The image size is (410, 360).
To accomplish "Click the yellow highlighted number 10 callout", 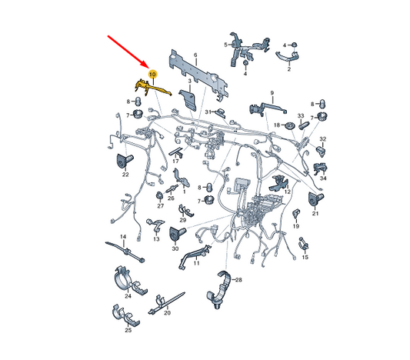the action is point(152,75).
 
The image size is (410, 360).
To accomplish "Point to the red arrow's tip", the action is point(147,68).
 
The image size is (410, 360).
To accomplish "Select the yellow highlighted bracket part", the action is point(152,88).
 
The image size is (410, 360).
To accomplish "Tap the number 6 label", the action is point(195,55).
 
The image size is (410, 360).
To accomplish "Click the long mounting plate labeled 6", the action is point(198,75).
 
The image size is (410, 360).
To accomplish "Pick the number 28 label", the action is point(238,280).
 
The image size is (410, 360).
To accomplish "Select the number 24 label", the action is point(128,296).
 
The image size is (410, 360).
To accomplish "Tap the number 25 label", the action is point(128,330).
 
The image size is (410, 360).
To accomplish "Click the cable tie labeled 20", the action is point(166,302).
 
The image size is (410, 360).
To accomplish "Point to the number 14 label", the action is point(123,237).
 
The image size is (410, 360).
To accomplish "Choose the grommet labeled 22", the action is point(124,161).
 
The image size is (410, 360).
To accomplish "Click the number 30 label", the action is point(175,248).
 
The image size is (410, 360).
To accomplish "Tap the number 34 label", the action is point(323,178).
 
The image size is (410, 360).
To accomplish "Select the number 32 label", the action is point(323,138).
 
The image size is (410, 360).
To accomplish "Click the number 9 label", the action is point(272,93).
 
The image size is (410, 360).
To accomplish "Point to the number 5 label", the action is point(225,45).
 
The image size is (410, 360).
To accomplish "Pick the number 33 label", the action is point(301,115).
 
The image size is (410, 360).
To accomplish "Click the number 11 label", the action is point(196,263).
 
